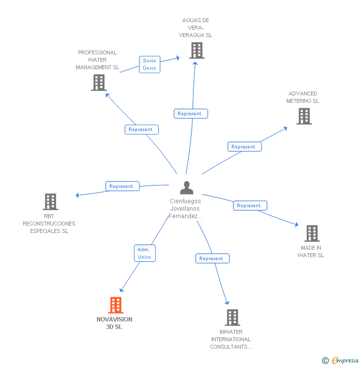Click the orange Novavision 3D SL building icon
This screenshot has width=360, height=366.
[x=116, y=305]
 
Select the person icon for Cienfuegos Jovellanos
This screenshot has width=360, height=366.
[x=186, y=187]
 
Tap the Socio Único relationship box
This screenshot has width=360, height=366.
[x=149, y=64]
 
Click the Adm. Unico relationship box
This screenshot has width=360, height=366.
[x=145, y=253]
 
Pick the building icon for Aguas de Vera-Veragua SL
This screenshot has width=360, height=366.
[x=197, y=50]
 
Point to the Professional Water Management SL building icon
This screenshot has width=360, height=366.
[x=99, y=83]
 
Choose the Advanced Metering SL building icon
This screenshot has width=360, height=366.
[x=304, y=116]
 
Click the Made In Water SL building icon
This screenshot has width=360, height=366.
[x=312, y=233]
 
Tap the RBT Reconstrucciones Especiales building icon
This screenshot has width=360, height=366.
[x=50, y=202]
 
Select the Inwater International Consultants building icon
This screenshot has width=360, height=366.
[x=232, y=318]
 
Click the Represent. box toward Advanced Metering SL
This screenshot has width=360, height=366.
[x=244, y=146]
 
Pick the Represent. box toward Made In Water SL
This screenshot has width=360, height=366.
[x=250, y=206]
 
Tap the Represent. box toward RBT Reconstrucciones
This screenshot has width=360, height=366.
[x=123, y=186]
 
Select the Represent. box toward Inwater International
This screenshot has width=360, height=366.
[x=212, y=258]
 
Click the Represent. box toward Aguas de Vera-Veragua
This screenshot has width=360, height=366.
[x=191, y=114]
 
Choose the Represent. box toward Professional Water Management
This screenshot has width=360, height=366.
[x=141, y=130]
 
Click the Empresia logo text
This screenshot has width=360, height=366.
[x=345, y=361]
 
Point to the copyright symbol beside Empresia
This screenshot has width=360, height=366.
[x=325, y=361]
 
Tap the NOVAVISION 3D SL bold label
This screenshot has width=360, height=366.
[x=114, y=323]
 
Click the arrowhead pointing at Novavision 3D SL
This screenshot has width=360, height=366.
[x=121, y=290]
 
